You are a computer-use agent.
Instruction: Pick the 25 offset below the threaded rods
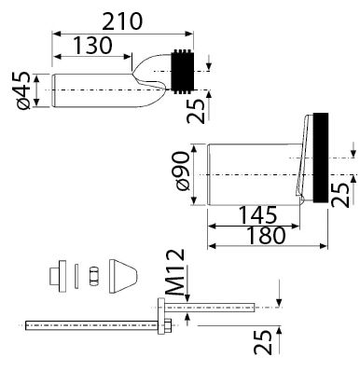tap(266, 342)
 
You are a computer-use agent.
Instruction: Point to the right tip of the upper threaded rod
tap(256, 304)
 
